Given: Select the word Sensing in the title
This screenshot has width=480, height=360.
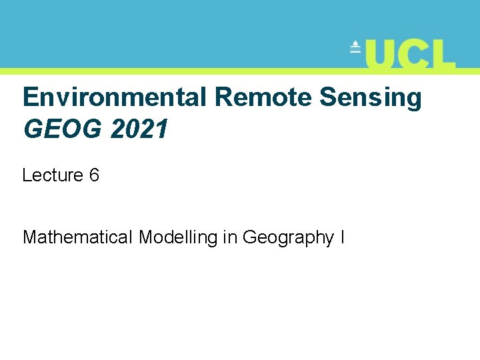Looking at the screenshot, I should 371,98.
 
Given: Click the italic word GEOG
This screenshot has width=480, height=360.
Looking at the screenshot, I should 63,129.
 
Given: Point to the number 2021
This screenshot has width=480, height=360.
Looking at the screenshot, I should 139,129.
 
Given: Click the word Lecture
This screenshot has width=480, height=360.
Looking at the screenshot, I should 52,175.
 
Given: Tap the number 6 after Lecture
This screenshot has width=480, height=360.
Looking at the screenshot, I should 94,175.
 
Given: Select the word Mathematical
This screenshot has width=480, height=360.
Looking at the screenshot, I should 77,237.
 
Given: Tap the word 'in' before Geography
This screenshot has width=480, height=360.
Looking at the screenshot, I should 230,237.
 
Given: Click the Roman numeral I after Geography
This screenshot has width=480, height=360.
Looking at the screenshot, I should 342,237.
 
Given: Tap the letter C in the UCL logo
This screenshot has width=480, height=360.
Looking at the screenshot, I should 415,54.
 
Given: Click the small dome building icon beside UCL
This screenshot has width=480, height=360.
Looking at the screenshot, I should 355,48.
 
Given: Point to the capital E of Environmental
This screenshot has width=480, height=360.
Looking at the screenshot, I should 30,97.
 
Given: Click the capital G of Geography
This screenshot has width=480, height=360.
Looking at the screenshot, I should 251,237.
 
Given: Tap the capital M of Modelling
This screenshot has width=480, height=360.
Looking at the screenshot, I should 147,237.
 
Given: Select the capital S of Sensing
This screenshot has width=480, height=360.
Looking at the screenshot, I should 327,97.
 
